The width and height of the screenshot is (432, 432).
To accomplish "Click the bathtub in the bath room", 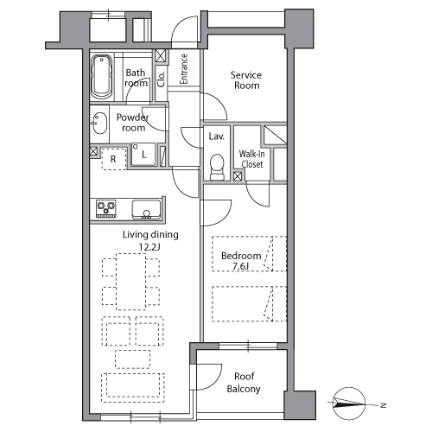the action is (x=101, y=77).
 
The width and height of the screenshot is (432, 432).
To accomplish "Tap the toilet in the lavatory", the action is (x=217, y=168).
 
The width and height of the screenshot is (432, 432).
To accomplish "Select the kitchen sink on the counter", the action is (x=146, y=209).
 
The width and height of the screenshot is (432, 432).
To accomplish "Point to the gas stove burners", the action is (x=106, y=208).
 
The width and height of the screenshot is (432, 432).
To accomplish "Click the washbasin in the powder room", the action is (x=99, y=124).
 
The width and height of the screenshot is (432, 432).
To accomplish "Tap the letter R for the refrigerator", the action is (x=113, y=159).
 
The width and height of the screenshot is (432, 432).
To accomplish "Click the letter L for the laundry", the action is (x=144, y=155).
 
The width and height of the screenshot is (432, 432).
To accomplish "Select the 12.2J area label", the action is (x=149, y=247).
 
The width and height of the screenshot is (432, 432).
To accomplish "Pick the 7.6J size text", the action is (x=240, y=266).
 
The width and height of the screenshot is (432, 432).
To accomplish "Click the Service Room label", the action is (x=246, y=80).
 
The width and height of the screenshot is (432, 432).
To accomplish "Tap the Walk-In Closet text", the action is (x=252, y=159).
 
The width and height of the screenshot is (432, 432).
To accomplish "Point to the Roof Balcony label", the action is (x=244, y=383).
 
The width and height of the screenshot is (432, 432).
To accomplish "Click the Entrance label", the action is (x=184, y=69).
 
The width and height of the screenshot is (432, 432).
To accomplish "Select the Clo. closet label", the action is (x=162, y=79).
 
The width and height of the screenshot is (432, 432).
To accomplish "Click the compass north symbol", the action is (x=349, y=403).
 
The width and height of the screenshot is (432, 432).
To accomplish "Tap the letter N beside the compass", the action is (x=384, y=405).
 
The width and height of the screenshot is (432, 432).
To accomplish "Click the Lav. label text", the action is (x=216, y=137).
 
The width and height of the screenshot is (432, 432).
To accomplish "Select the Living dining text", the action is (x=150, y=235).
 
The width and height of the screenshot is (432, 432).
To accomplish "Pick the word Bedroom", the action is (x=241, y=256).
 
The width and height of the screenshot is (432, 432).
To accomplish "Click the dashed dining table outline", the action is (x=131, y=282).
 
